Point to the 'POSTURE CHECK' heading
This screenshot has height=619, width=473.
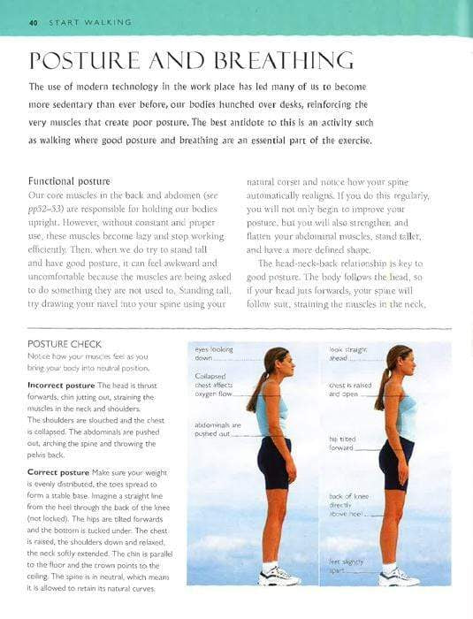pyautogui.click(x=65, y=343)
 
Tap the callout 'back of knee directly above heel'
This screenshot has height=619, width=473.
pyautogui.click(x=345, y=505)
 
